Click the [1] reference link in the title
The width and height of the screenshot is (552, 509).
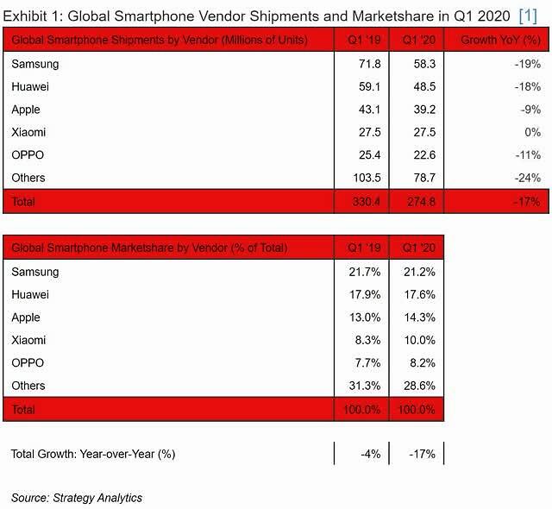pyautogui.click(x=528, y=16)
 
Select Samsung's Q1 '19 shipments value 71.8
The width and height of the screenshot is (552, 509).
pyautogui.click(x=370, y=64)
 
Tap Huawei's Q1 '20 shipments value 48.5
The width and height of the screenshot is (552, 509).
pyautogui.click(x=424, y=86)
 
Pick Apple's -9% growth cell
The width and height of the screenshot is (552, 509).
pyautogui.click(x=530, y=110)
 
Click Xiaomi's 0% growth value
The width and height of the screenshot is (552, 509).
pyautogui.click(x=533, y=132)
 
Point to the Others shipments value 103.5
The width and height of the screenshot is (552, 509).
pyautogui.click(x=367, y=178)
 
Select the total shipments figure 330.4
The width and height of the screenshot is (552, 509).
pyautogui.click(x=366, y=202)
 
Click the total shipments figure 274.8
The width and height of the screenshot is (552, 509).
pyautogui.click(x=422, y=202)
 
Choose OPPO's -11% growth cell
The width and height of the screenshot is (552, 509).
pyautogui.click(x=528, y=155)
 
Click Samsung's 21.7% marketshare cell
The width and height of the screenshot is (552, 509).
pyautogui.click(x=365, y=272)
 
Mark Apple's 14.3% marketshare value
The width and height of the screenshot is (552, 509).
pyautogui.click(x=420, y=317)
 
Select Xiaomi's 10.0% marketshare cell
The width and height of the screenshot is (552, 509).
pyautogui.click(x=420, y=340)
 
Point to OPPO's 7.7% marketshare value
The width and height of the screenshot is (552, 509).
pyautogui.click(x=367, y=363)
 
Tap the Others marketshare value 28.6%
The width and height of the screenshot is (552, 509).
pyautogui.click(x=420, y=386)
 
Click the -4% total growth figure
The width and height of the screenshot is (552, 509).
pyautogui.click(x=371, y=454)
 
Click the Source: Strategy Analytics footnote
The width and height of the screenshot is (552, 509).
pyautogui.click(x=77, y=498)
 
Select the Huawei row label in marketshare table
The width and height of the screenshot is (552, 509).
pyautogui.click(x=30, y=295)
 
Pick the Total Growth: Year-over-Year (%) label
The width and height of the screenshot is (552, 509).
pyautogui.click(x=93, y=454)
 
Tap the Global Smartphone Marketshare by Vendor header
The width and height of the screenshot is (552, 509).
pyautogui.click(x=149, y=248)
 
